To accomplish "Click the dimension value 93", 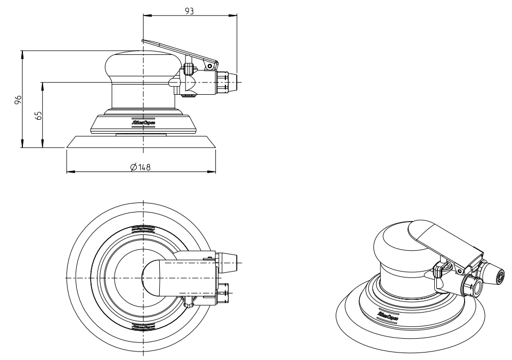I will [x=189, y=10].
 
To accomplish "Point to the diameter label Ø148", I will [x=140, y=167].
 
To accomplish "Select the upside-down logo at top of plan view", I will [x=143, y=229].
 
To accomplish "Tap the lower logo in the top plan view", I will [x=143, y=325].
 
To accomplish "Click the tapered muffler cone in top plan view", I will [x=228, y=260].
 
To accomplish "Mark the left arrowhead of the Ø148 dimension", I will [x=68, y=171].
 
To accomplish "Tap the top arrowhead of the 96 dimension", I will [x=22, y=53].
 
